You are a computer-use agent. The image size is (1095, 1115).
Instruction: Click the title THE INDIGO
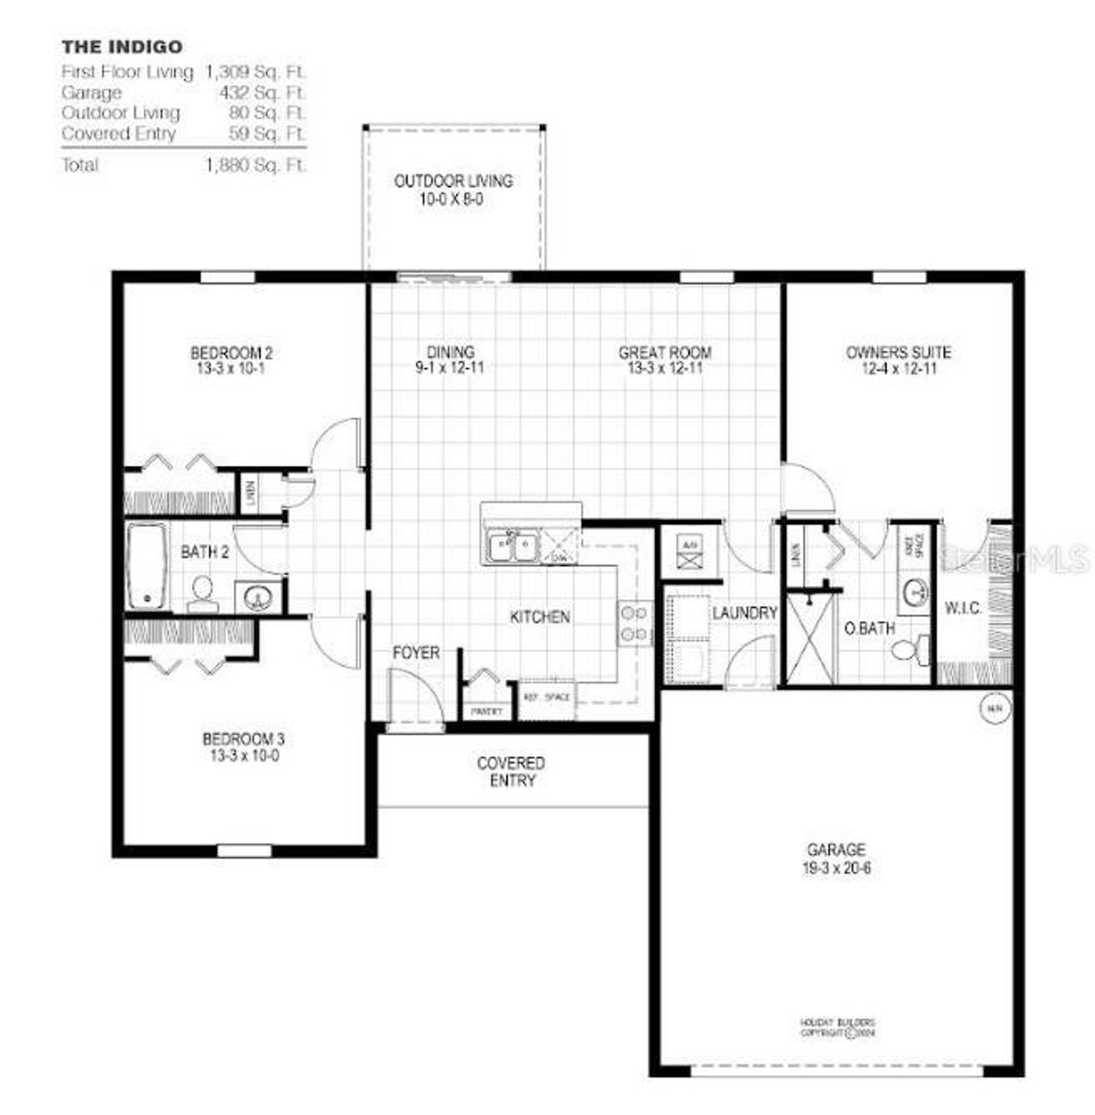pyautogui.click(x=121, y=46)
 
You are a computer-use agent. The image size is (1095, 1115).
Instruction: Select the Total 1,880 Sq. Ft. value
pyautogui.click(x=255, y=165)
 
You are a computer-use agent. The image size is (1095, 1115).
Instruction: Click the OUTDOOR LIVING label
pyautogui.click(x=453, y=181)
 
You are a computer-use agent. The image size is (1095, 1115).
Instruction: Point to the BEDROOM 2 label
pyautogui.click(x=231, y=353)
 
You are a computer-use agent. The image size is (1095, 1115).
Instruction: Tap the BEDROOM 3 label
pyautogui.click(x=243, y=738)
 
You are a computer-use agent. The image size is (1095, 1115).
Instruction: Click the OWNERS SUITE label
pyautogui.click(x=898, y=353)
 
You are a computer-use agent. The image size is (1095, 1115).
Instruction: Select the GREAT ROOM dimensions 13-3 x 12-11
pyautogui.click(x=665, y=369)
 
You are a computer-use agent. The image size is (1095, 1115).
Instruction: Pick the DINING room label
pyautogui.click(x=451, y=353)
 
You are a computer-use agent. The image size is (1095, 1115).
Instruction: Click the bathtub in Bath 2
pyautogui.click(x=147, y=566)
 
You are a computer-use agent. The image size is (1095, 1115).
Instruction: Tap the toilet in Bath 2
pyautogui.click(x=203, y=592)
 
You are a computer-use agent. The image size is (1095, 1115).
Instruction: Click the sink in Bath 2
pyautogui.click(x=257, y=596)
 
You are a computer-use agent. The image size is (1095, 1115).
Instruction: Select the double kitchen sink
pyautogui.click(x=512, y=549)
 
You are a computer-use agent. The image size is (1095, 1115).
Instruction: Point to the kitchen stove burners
pyautogui.click(x=634, y=623)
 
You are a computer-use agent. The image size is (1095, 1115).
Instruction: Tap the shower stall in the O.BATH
pyautogui.click(x=809, y=639)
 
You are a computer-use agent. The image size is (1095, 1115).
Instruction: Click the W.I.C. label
pyautogui.click(x=963, y=608)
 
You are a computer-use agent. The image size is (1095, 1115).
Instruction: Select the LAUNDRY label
pyautogui.click(x=744, y=613)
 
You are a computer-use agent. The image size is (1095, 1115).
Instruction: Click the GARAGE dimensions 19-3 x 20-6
pyautogui.click(x=836, y=868)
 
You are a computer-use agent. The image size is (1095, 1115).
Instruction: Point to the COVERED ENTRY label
pyautogui.click(x=511, y=772)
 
